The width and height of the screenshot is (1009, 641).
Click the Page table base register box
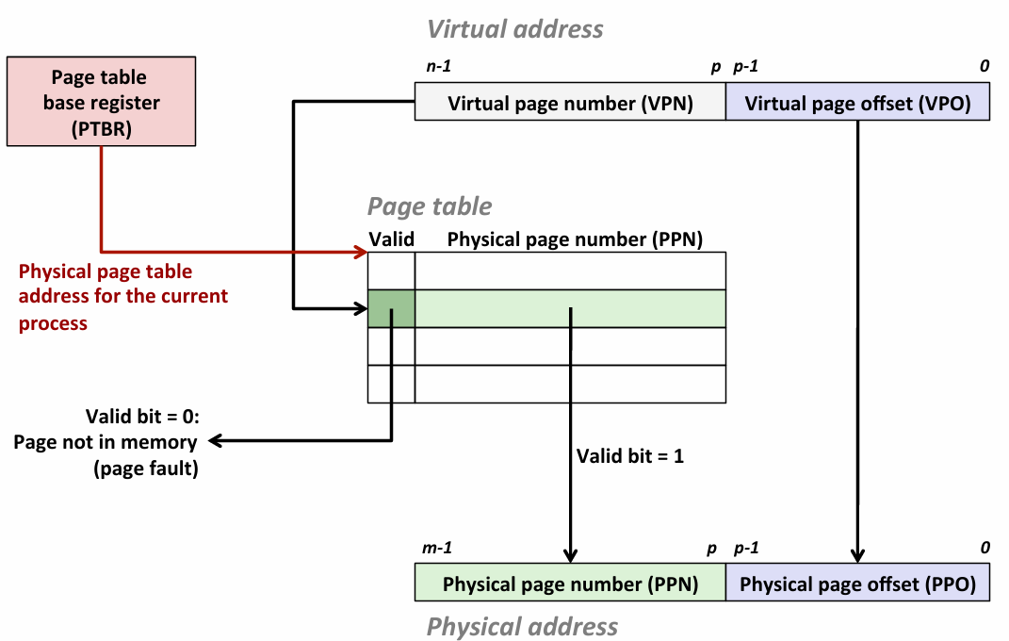pos(101,102)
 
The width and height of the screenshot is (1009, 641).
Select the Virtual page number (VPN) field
pos(570,103)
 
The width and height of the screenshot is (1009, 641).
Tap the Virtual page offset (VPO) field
pos(857,103)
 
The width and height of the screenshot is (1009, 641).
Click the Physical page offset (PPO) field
pos(857,583)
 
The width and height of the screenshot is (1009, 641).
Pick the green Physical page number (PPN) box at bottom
pos(570,583)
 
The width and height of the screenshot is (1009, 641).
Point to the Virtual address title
pos(515,28)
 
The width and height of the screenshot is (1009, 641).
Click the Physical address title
pos(522,626)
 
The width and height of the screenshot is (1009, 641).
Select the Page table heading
pos(430,206)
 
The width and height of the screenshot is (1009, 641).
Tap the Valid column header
pos(391,239)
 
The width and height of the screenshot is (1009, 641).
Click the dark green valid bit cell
pos(391,308)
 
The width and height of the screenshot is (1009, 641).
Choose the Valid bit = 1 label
pos(630,456)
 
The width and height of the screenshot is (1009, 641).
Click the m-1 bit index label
pos(438,548)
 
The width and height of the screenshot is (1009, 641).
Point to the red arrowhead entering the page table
pos(361,252)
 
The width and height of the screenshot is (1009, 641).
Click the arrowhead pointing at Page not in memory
pos(215,440)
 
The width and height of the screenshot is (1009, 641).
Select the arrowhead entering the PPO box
pos(858,555)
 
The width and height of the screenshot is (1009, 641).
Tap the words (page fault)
pos(146,468)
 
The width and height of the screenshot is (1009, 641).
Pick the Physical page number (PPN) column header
pos(575,239)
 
